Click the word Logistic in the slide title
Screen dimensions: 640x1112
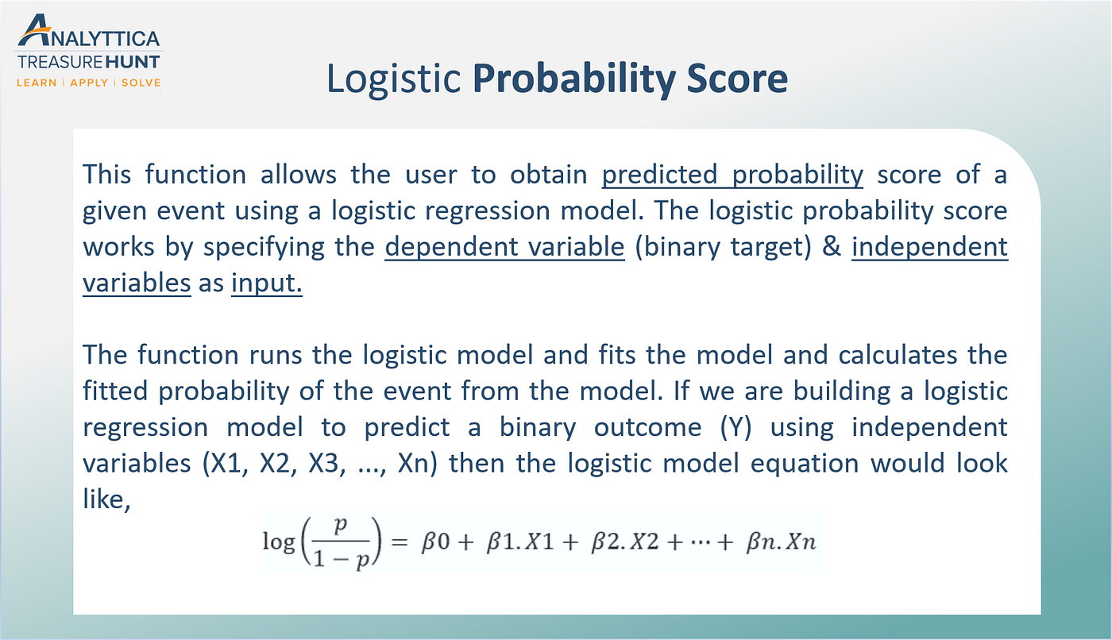393,79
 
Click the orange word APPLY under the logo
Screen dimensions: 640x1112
89,83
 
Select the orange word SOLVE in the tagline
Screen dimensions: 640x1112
141,83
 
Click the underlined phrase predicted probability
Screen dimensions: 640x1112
732,175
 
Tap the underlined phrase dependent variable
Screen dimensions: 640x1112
505,247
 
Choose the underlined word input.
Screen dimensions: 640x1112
267,283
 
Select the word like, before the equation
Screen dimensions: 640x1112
106,501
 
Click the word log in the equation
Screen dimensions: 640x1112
278,542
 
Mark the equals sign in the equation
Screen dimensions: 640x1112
400,542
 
